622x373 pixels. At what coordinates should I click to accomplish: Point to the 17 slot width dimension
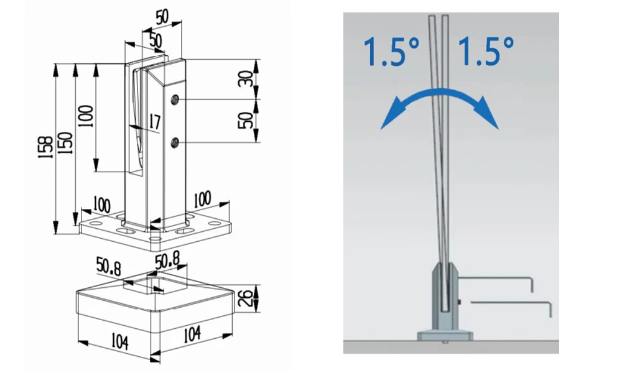point(154,122)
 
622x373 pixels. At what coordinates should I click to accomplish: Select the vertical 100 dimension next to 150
point(86,116)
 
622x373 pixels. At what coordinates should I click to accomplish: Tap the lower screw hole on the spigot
point(175,143)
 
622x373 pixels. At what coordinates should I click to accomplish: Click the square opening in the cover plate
point(151,285)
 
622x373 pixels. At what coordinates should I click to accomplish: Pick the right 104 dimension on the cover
point(193,334)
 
